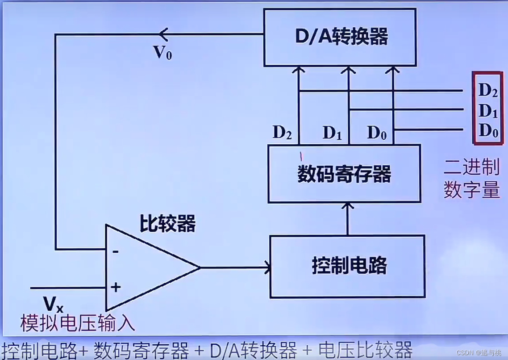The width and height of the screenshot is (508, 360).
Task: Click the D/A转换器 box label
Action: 341,37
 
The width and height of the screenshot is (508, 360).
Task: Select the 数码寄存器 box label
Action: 344,174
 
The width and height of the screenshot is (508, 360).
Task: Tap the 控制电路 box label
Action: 349,265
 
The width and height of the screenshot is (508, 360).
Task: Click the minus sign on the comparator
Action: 116,252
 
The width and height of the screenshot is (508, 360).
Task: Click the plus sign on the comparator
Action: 116,287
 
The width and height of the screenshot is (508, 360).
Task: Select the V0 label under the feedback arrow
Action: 162,53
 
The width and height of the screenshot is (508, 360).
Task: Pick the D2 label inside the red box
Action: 488,90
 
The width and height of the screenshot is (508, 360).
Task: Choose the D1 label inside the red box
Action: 488,111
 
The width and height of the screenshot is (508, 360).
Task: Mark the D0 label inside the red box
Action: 488,130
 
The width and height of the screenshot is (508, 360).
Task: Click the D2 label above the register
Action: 282,133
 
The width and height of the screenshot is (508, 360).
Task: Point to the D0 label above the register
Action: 376,133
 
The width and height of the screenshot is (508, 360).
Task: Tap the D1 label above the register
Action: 332,133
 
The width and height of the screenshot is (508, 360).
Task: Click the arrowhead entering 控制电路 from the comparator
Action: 268,268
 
